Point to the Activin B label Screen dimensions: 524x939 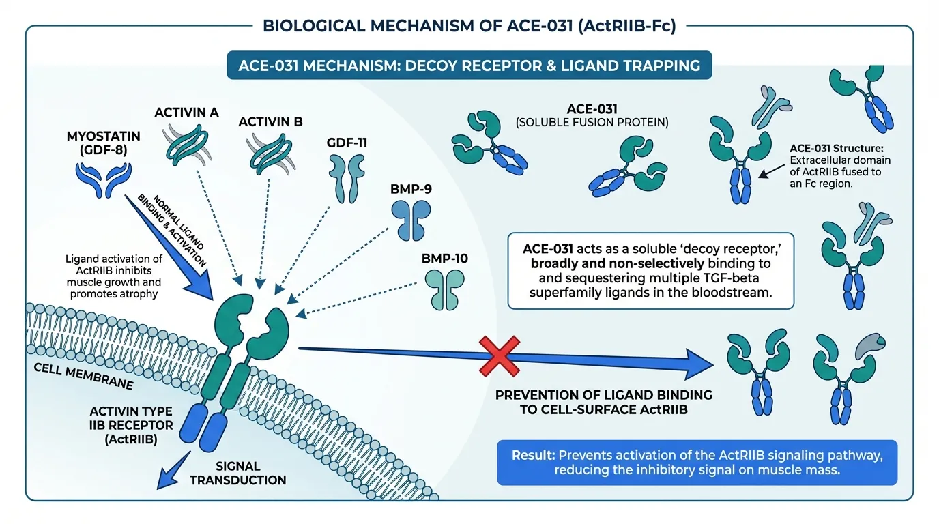tap(270, 122)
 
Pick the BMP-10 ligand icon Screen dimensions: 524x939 tap(444, 289)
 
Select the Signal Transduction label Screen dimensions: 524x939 tap(237, 473)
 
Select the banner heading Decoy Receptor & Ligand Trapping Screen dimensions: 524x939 tap(468, 66)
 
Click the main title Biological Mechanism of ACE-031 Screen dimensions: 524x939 tap(469, 27)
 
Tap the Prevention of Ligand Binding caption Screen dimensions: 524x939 tap(603, 402)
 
